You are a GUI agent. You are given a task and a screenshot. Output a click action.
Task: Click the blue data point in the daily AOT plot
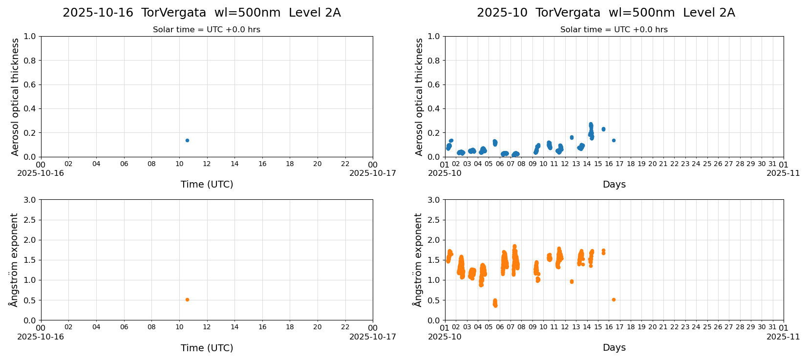[187, 140]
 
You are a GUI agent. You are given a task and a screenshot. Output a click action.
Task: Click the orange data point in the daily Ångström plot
[187, 299]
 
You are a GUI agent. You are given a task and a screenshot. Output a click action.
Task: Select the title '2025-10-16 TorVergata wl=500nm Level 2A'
[201, 13]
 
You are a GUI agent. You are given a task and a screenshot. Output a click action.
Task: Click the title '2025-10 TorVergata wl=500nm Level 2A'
[606, 13]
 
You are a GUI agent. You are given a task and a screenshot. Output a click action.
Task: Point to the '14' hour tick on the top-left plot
[234, 164]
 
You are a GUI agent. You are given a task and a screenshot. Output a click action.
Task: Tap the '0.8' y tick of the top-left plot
[30, 61]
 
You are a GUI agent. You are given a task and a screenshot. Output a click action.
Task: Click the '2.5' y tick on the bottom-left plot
[30, 220]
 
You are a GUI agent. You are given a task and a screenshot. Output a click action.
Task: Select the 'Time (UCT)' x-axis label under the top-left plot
[207, 185]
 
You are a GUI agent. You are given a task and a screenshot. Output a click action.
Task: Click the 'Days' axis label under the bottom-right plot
[614, 348]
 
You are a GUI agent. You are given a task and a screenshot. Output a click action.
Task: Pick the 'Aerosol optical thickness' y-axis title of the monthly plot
[419, 97]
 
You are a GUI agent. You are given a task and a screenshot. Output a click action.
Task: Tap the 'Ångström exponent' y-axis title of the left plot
[14, 260]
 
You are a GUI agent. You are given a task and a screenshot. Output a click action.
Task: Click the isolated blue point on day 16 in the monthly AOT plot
[614, 140]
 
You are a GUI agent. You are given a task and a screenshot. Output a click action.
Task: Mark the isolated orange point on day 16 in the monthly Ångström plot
[614, 299]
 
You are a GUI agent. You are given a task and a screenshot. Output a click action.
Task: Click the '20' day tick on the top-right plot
[652, 164]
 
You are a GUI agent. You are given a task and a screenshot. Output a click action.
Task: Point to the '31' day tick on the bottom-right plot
[772, 327]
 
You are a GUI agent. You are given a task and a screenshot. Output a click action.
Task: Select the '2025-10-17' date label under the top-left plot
[373, 173]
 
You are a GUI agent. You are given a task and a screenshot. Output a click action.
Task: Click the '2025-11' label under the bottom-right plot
[783, 337]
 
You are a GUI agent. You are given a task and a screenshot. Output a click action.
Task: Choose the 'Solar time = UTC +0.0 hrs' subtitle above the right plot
[614, 30]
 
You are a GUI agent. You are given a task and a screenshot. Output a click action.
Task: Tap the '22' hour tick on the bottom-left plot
[345, 327]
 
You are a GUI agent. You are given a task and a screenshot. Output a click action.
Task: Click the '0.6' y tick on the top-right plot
[434, 85]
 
